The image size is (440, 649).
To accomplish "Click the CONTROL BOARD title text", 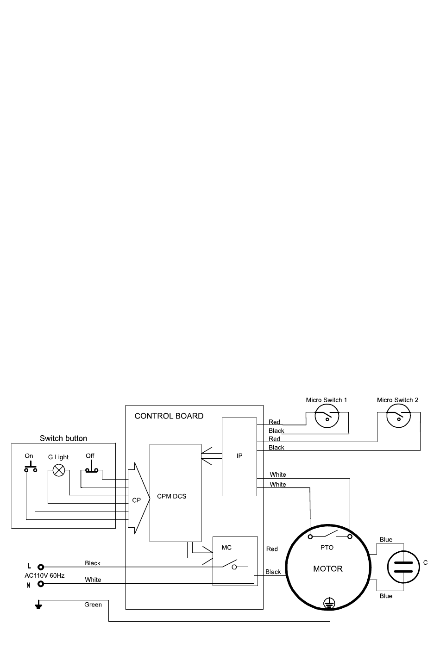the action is [169, 416].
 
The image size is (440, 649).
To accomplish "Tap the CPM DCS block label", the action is [171, 496].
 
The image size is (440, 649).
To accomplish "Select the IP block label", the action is [239, 456].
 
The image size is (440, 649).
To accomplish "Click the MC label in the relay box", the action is [226, 548].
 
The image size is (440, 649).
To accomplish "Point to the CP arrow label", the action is [137, 500].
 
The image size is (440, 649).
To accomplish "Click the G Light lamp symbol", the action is [59, 470].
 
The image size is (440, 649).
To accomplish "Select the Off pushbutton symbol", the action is [92, 467].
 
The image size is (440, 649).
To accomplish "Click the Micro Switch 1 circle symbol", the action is [327, 416].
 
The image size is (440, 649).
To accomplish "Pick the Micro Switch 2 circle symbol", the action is [399, 416].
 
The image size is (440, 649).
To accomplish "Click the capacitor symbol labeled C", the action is [403, 567].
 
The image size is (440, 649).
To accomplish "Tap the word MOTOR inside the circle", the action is [328, 569].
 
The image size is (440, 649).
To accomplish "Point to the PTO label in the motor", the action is [327, 548].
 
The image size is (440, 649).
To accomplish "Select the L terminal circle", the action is [41, 567].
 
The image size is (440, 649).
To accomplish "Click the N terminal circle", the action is [41, 584].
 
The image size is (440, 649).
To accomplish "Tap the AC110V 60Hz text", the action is [44, 575].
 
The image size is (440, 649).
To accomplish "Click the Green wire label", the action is [93, 605].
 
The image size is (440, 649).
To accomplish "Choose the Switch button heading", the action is [63, 438].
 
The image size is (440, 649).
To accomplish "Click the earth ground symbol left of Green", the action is [38, 605].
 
